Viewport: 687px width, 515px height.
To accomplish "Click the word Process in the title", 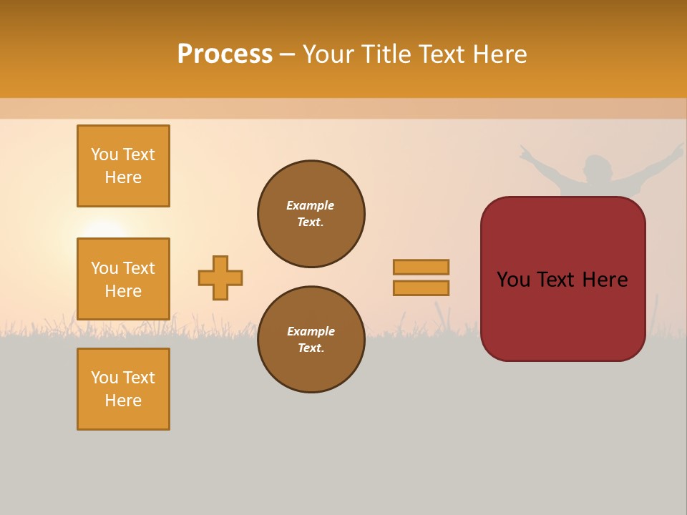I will [225, 54].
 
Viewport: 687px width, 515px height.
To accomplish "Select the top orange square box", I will [123, 166].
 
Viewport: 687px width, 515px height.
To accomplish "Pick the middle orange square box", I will [123, 279].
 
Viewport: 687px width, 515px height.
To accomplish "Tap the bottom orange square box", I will [123, 389].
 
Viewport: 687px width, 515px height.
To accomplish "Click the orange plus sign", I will [220, 278].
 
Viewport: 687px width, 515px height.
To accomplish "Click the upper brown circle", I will [311, 214].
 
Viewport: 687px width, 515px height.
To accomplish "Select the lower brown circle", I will [311, 340].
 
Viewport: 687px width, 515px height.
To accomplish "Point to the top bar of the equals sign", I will [421, 267].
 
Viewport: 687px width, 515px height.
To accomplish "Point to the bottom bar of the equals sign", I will [421, 288].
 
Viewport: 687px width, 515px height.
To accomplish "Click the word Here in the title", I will [501, 54].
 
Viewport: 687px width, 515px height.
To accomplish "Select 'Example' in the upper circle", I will [311, 205].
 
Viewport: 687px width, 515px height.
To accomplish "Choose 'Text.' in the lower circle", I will [311, 348].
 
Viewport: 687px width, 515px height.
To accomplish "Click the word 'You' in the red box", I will [514, 280].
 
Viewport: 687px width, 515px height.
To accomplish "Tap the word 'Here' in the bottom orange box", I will [123, 401].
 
